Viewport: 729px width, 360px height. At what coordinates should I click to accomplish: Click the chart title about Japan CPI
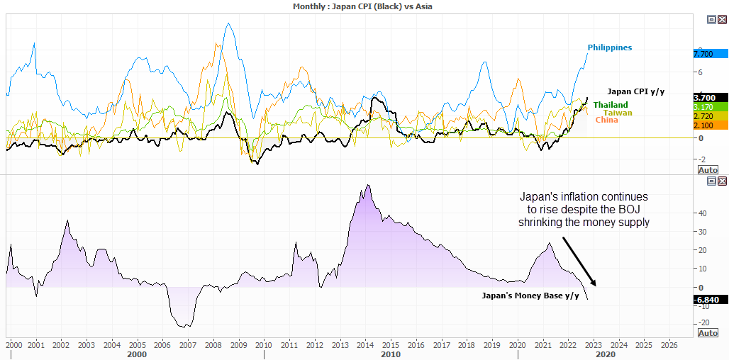(362, 6)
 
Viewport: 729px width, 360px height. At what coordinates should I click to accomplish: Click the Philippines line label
(609, 47)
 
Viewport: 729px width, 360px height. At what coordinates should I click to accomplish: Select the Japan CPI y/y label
(636, 91)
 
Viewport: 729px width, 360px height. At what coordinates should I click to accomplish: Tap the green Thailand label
(611, 105)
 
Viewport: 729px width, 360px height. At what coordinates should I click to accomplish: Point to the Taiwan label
(618, 113)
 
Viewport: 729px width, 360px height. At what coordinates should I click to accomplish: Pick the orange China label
(606, 120)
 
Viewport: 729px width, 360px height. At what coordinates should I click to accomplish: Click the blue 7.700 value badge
(710, 54)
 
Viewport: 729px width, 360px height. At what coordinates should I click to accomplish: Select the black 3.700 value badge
(710, 97)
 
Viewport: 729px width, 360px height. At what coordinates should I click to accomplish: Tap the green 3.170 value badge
(710, 106)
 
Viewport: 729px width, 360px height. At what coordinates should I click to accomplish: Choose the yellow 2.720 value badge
(710, 116)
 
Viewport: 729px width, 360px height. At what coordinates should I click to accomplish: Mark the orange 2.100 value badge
(710, 125)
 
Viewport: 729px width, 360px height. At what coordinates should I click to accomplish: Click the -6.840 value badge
(710, 300)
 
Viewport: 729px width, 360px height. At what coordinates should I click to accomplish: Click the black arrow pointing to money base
(579, 261)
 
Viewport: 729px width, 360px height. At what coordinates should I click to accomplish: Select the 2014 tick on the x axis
(364, 345)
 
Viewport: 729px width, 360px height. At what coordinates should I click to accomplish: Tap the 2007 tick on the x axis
(188, 345)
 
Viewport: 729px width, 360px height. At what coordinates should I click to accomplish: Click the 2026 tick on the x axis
(669, 345)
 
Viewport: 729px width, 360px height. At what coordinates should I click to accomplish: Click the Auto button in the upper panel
(708, 170)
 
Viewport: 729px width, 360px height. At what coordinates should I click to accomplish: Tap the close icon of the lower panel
(722, 181)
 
